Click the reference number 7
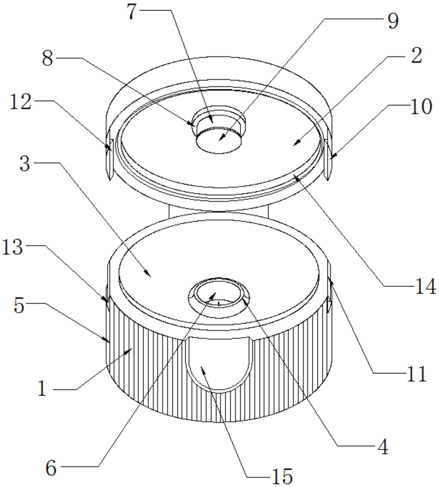(133, 12)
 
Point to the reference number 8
(47, 59)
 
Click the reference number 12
(21, 102)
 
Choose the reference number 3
(25, 164)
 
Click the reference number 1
(42, 388)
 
